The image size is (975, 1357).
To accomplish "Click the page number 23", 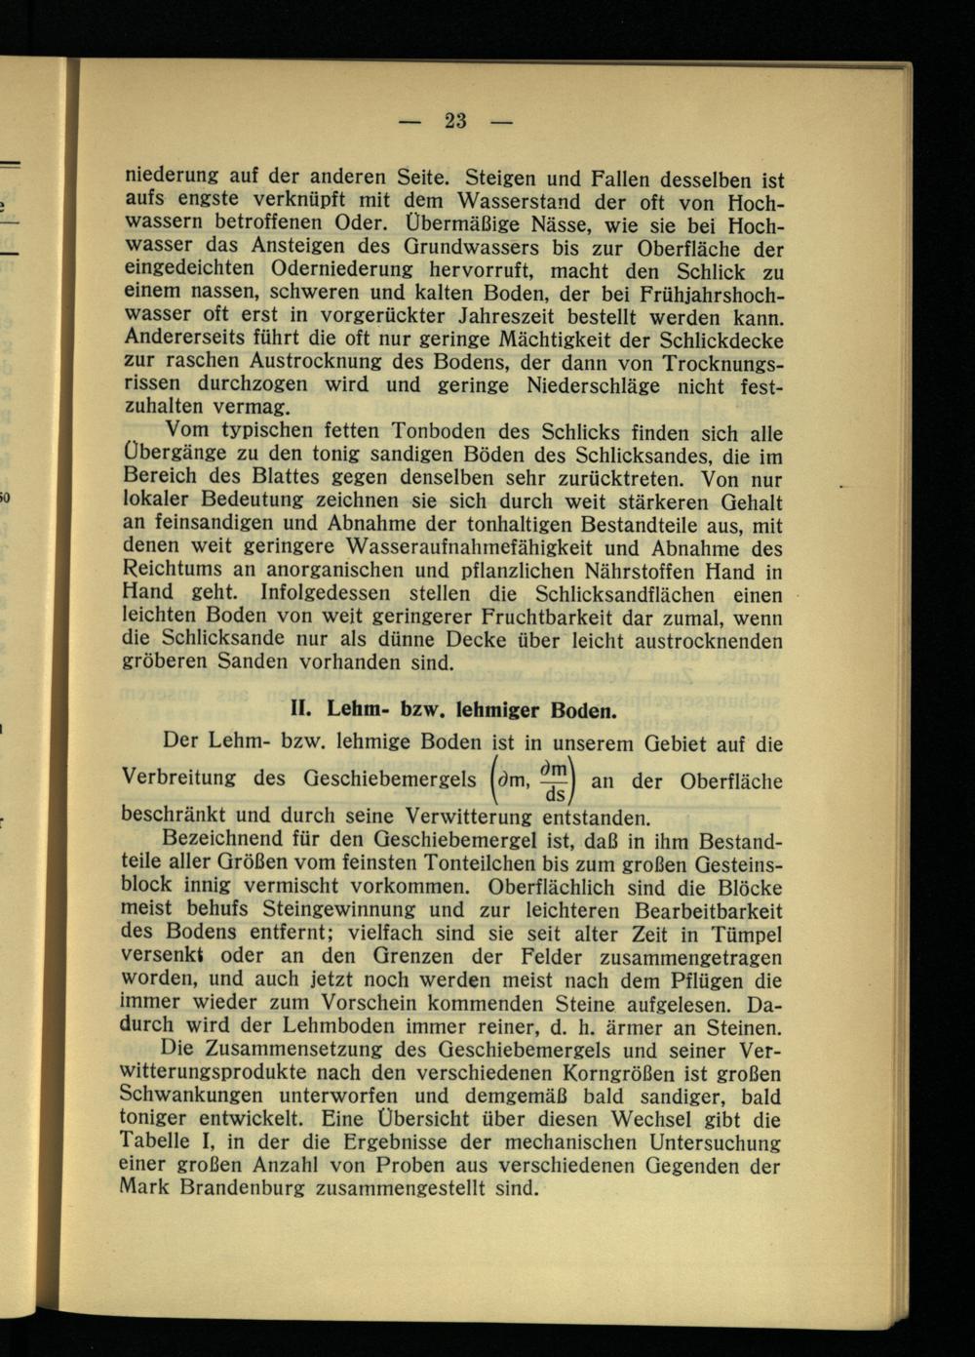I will pyautogui.click(x=455, y=121).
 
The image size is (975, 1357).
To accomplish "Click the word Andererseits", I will pyautogui.click(x=181, y=338).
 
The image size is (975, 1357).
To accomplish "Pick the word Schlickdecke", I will pyautogui.click(x=721, y=340).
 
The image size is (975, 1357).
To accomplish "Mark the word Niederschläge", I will pyautogui.click(x=604, y=385).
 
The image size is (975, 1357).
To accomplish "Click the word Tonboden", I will pyautogui.click(x=432, y=431).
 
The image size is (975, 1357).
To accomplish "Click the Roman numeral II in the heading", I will pyautogui.click(x=301, y=708).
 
